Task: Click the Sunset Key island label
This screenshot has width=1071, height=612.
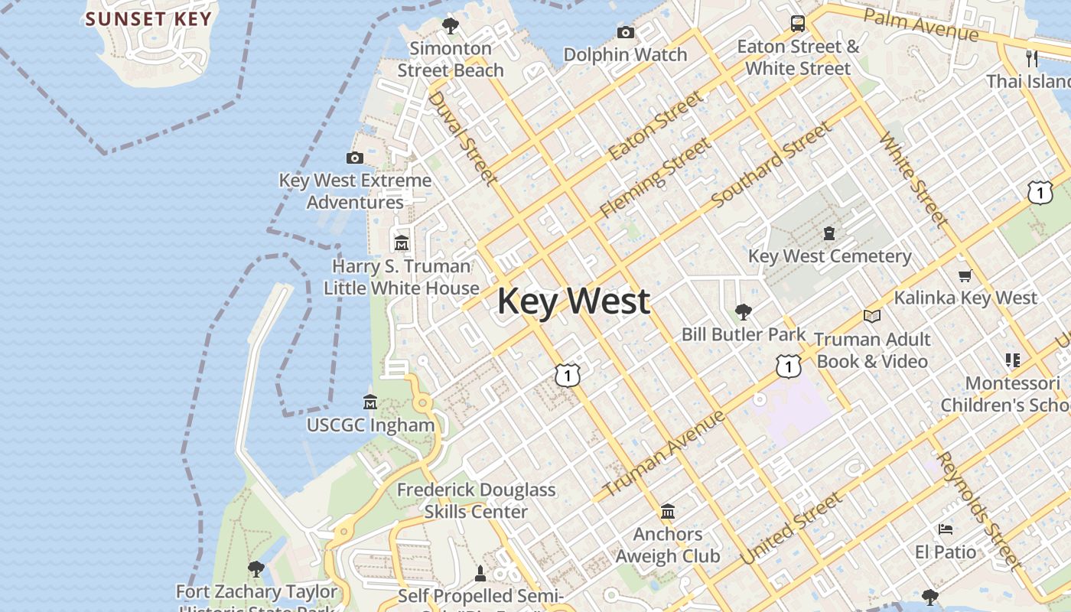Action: pos(148,18)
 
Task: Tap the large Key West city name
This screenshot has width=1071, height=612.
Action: pos(574,301)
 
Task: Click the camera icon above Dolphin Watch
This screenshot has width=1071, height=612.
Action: pos(626,32)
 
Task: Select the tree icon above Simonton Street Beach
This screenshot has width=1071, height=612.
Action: pos(451,25)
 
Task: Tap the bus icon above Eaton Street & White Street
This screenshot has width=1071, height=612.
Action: pos(798,23)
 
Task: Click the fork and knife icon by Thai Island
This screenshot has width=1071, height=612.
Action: pos(1032,58)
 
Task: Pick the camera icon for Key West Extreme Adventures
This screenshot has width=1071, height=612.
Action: pos(355,158)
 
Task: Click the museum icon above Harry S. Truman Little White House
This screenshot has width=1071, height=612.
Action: pos(402,243)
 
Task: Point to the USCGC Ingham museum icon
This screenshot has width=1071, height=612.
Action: pos(370,402)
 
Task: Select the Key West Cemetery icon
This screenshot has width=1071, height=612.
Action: pos(829,233)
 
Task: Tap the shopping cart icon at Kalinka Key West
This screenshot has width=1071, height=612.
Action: pos(965,275)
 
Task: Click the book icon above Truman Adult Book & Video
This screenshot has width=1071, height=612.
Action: pos(871,316)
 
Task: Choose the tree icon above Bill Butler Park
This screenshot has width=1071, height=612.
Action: pos(743,311)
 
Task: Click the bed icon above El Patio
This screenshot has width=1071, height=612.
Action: pos(946,529)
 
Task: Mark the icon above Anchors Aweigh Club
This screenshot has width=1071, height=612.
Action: pos(668,511)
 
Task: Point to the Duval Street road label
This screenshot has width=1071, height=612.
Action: pos(462,138)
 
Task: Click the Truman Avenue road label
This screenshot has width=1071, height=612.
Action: pos(663,453)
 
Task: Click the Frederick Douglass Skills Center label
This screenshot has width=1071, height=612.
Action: pos(476,500)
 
